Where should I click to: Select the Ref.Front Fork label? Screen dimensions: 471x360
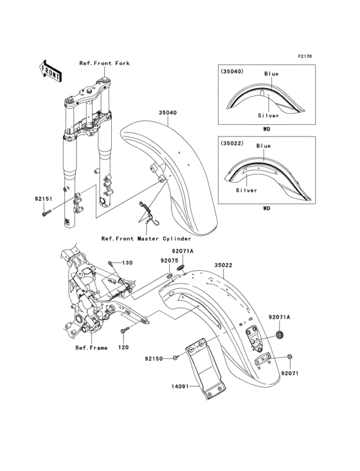[x=104, y=63]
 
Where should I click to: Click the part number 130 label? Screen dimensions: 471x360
[x=127, y=263]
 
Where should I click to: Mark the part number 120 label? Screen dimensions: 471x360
[x=123, y=347]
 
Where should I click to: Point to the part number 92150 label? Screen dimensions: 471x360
[x=154, y=358]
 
